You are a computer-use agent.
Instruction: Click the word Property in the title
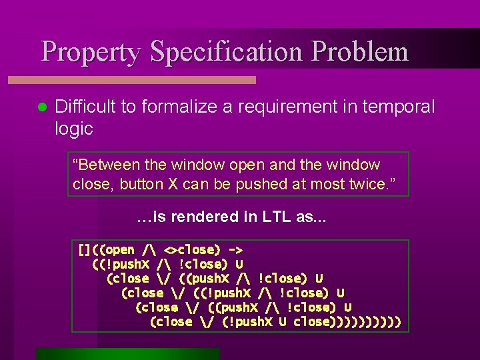tap(91, 52)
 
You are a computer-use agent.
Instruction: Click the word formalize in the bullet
tap(171, 107)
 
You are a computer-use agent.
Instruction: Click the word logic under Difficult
tap(74, 129)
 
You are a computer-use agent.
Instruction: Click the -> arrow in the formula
tap(235, 251)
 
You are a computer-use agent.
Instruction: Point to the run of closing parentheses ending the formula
tap(365, 322)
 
